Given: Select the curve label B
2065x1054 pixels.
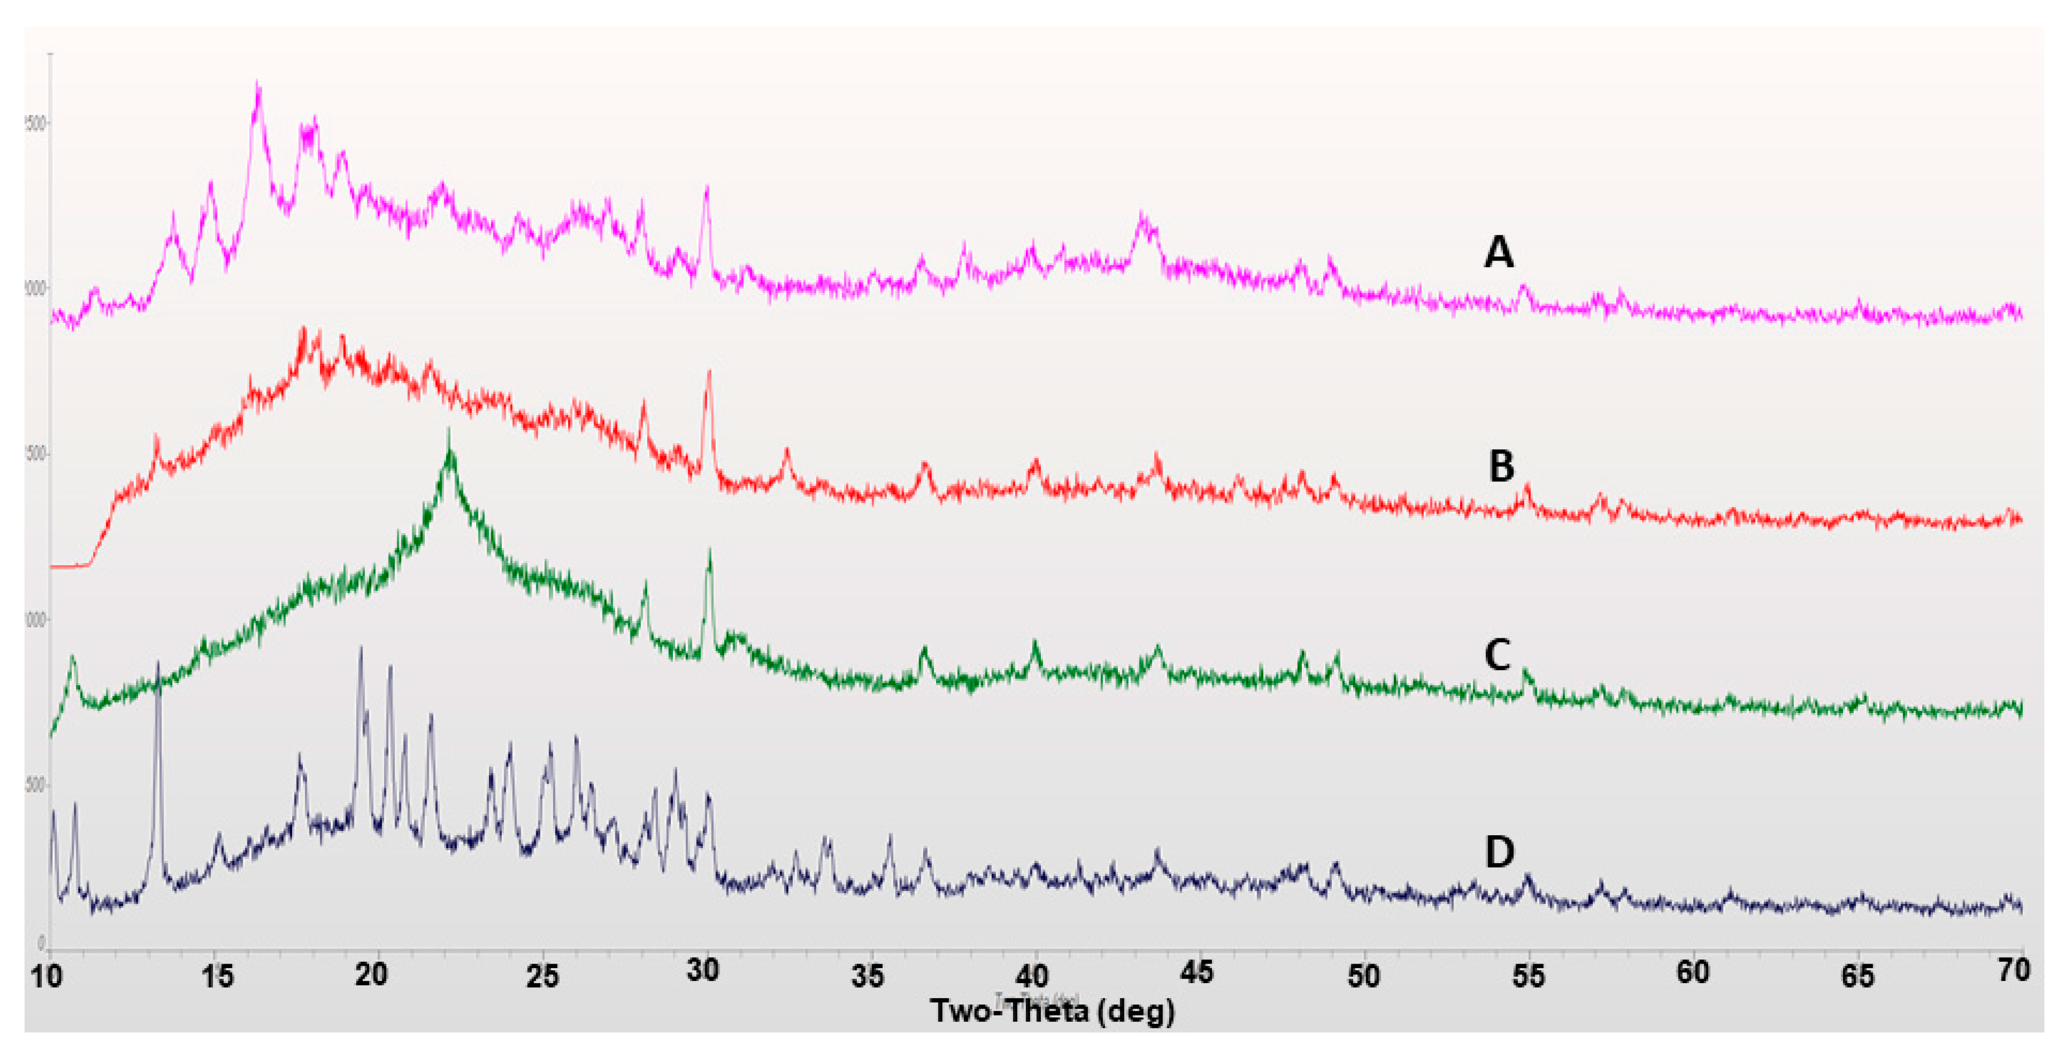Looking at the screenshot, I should (1501, 466).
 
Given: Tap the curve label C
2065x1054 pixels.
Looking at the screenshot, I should (1497, 654).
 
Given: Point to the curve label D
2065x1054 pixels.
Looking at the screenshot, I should (1499, 852).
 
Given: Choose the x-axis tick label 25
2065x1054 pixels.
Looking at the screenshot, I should (542, 975).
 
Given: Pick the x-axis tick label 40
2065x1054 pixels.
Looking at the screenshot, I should (1032, 975).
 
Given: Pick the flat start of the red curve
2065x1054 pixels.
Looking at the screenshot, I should (68, 566).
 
